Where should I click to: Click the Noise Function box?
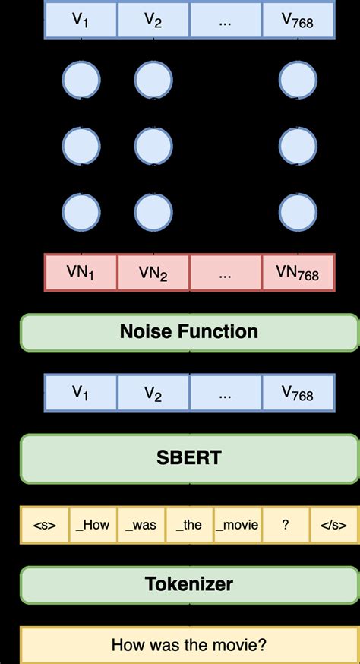pyautogui.click(x=189, y=332)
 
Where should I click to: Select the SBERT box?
pyautogui.click(x=189, y=458)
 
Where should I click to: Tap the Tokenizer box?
pyautogui.click(x=189, y=584)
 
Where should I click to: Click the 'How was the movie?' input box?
pyautogui.click(x=189, y=645)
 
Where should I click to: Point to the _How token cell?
pyautogui.click(x=93, y=525)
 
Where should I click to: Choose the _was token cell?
pyautogui.click(x=141, y=525)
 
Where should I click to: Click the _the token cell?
pyautogui.click(x=189, y=525)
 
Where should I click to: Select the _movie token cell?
pyautogui.click(x=237, y=525)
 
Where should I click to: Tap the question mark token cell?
pyautogui.click(x=285, y=525)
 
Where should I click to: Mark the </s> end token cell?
pyautogui.click(x=333, y=525)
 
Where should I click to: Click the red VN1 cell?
pyautogui.click(x=81, y=273)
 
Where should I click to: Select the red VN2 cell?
pyautogui.click(x=153, y=273)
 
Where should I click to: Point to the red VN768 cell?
pyautogui.click(x=298, y=273)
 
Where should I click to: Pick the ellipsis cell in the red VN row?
pyautogui.click(x=226, y=273)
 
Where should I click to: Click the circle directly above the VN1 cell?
pyautogui.click(x=81, y=210)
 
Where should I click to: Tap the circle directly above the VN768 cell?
pyautogui.click(x=298, y=210)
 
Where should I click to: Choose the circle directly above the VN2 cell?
pyautogui.click(x=153, y=210)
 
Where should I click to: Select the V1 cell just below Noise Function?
pyautogui.click(x=81, y=393)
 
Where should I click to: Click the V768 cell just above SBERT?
pyautogui.click(x=298, y=393)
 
